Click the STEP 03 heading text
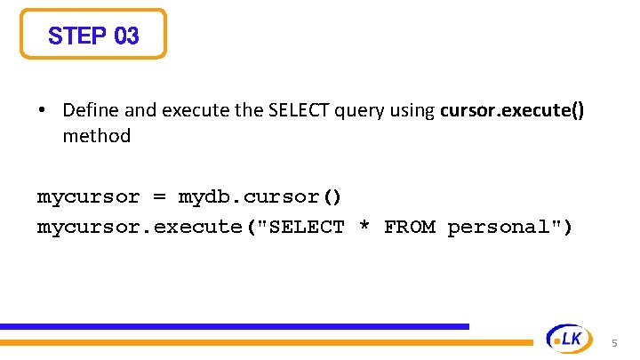(93, 36)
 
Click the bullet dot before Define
(42, 111)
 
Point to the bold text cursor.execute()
(512, 110)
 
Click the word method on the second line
(96, 136)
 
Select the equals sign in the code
(159, 196)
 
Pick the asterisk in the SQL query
(364, 227)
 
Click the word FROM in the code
(409, 227)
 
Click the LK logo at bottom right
(566, 338)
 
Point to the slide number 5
(614, 343)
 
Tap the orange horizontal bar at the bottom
(267, 341)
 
